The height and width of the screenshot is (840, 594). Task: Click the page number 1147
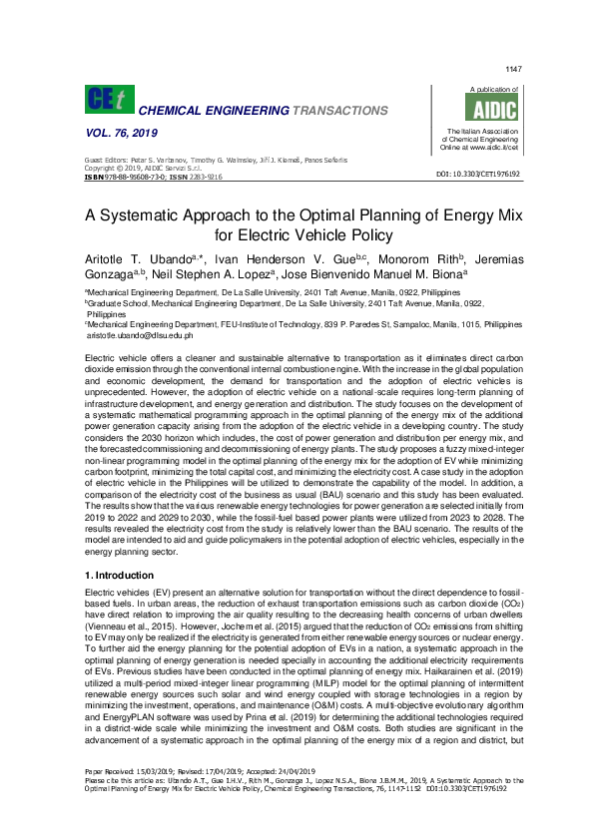point(514,69)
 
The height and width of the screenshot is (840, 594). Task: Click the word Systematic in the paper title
point(177,214)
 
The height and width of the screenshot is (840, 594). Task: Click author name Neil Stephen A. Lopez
point(212,273)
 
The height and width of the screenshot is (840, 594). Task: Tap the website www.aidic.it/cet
point(498,148)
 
